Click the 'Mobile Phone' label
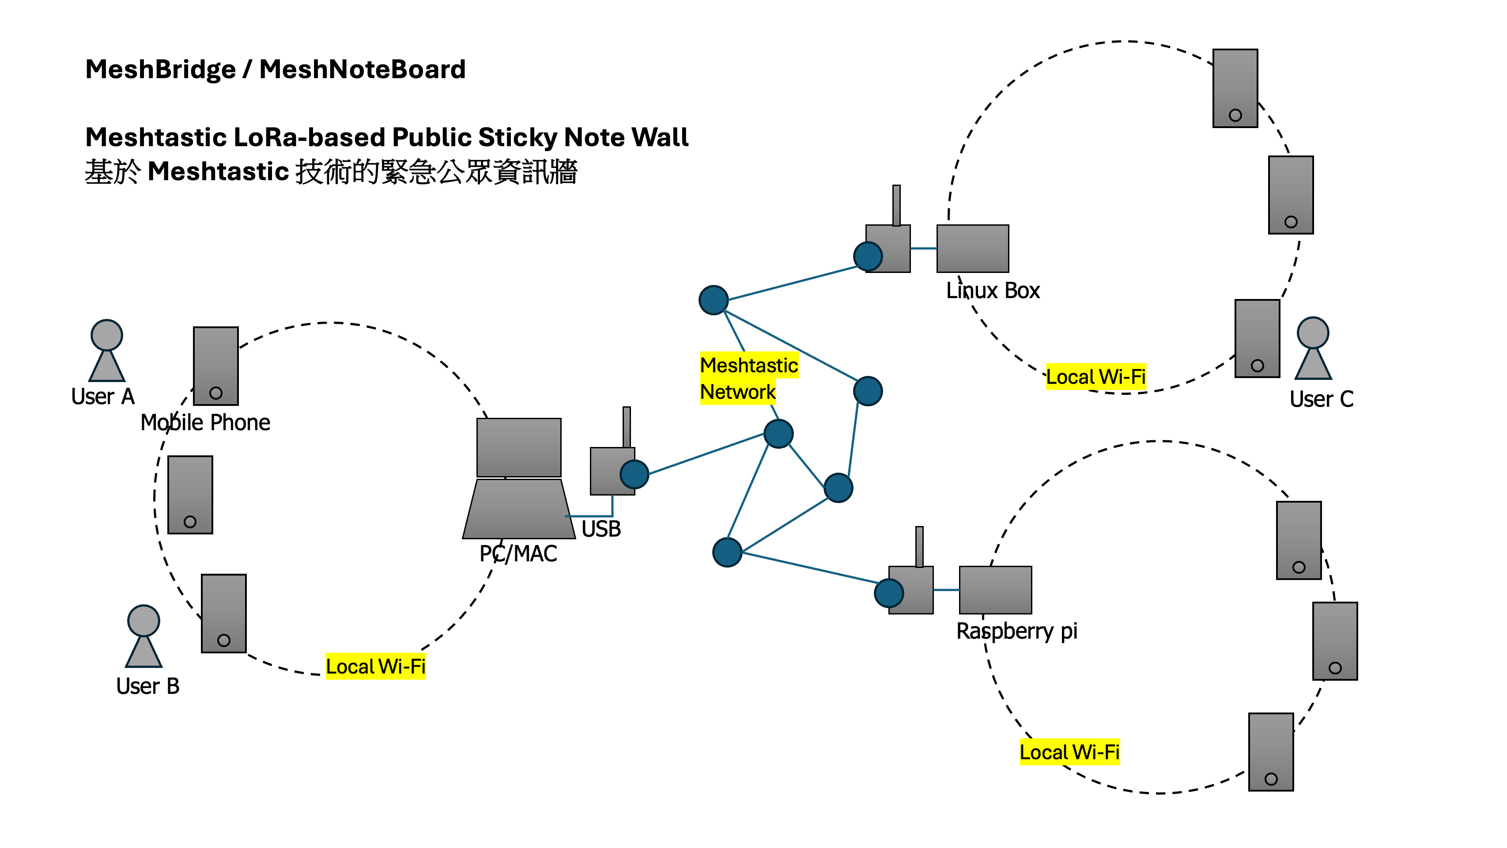coord(205,423)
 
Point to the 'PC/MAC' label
coord(518,553)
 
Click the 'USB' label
coord(601,529)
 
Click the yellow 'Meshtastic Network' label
coord(748,379)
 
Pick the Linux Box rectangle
coord(972,249)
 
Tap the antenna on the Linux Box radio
coord(896,205)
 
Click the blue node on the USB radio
coord(634,474)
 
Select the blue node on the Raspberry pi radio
coord(889,593)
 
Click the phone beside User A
coord(216,366)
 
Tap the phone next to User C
coord(1257,338)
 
